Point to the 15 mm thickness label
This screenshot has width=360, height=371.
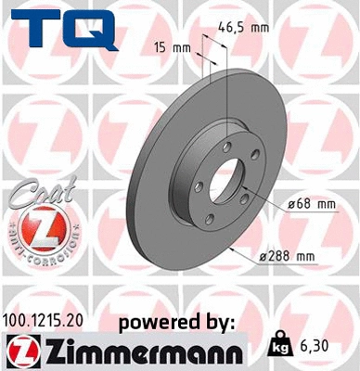[168, 46]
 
